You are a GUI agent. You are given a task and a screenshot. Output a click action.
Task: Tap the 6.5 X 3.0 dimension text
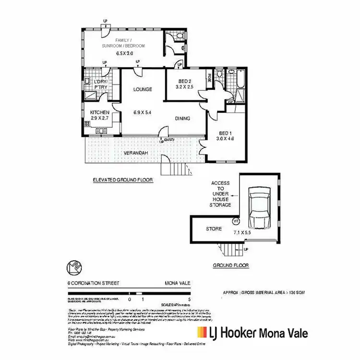[x=124, y=53]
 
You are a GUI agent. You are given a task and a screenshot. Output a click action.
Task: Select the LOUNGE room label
[x=143, y=89]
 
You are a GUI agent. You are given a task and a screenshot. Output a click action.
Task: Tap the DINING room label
[x=182, y=119]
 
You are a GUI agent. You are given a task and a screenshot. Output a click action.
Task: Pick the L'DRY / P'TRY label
[x=101, y=84]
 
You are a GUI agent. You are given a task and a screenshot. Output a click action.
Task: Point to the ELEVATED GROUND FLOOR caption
[x=122, y=180]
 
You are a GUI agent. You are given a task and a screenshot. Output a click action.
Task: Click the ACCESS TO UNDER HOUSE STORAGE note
[x=220, y=194]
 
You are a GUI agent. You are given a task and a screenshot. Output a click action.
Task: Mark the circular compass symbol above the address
[x=72, y=266]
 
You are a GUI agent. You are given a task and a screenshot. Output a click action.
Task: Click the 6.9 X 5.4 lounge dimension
[x=143, y=112]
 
